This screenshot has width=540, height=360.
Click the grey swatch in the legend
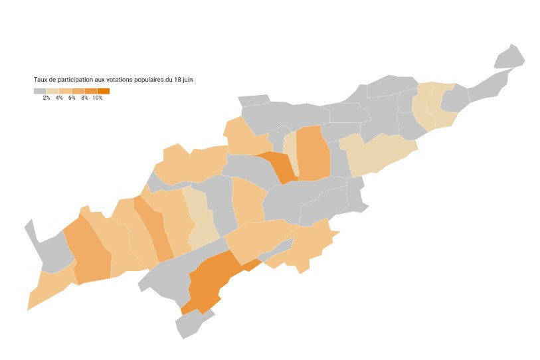40,90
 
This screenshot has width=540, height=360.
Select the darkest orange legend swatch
104,90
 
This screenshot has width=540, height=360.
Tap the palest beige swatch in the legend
52,90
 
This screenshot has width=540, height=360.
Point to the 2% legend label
46,98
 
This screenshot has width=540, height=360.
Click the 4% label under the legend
59,98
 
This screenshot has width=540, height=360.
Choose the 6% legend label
72,98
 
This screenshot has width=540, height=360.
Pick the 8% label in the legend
84,98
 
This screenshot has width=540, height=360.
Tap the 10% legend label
97,98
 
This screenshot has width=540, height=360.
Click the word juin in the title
187,80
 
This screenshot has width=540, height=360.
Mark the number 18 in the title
176,80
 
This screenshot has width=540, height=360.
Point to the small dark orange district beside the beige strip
279,166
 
